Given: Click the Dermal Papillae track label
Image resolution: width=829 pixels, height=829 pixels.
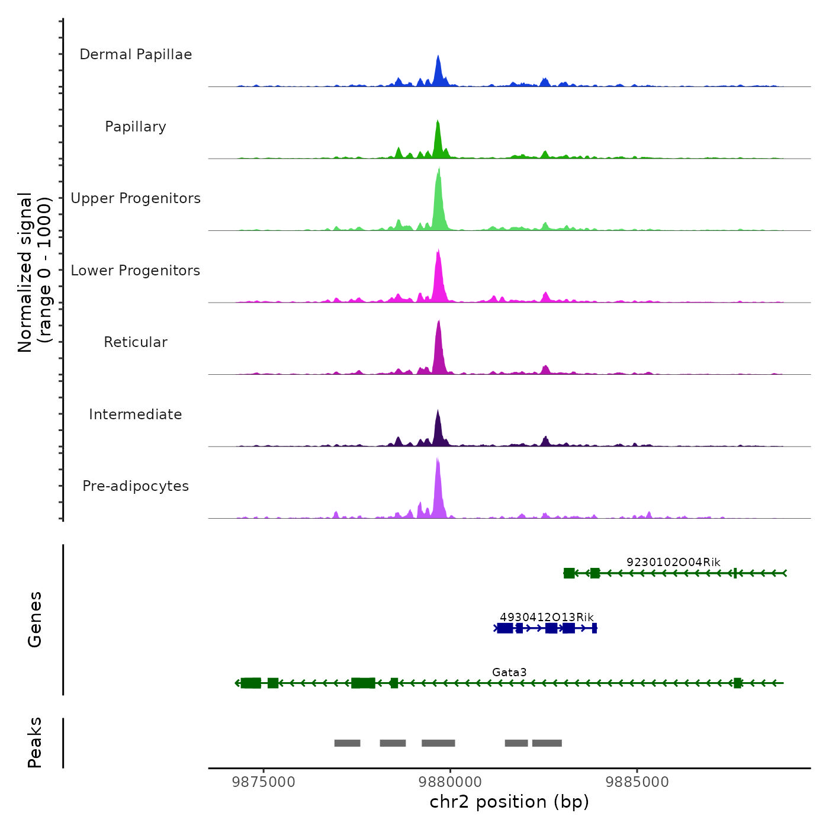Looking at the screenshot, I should click(x=136, y=54).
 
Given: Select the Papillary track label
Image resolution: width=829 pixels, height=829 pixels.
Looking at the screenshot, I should click(x=136, y=127).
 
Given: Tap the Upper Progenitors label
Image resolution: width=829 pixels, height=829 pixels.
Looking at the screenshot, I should click(x=136, y=198).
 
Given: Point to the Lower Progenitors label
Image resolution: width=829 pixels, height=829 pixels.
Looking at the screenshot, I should click(x=136, y=271).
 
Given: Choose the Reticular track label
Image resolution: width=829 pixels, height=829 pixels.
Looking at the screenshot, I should click(x=136, y=342).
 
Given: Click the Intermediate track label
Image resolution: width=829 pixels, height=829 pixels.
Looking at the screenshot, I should click(x=136, y=415).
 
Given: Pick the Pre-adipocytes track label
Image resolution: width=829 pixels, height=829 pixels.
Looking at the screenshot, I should click(x=136, y=486).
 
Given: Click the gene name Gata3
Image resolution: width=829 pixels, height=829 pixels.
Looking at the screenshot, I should click(x=509, y=672).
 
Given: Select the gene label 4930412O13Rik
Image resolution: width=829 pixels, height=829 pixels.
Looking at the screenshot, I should click(x=547, y=617).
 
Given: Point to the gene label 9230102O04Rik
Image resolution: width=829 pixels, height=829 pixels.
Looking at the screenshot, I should click(x=673, y=562).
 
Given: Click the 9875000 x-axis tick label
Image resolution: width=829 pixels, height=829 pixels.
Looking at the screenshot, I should click(x=264, y=782).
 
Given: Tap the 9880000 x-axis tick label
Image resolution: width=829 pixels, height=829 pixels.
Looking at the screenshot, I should click(x=450, y=782).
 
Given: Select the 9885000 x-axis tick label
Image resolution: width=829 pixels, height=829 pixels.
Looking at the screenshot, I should click(x=637, y=782).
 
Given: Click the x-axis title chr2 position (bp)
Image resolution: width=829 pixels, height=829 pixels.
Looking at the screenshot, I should click(x=509, y=802).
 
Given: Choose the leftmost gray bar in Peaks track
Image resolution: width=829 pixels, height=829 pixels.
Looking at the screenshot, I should click(x=347, y=743).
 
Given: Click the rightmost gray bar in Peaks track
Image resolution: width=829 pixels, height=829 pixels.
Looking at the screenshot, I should click(x=547, y=743).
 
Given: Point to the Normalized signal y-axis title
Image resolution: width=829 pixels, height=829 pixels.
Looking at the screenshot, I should click(x=34, y=272).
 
